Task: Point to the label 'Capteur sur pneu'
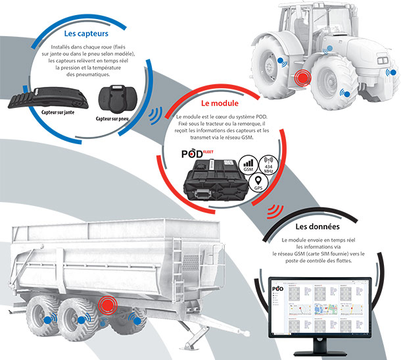(x=116, y=118)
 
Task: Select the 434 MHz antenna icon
(x=269, y=164)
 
